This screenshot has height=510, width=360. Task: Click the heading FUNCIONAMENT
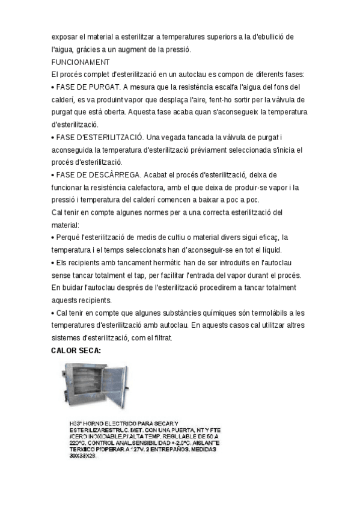coord(81,62)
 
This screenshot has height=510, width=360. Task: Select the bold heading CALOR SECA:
coord(76,350)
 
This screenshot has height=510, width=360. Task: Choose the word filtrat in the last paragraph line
coord(161,338)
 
